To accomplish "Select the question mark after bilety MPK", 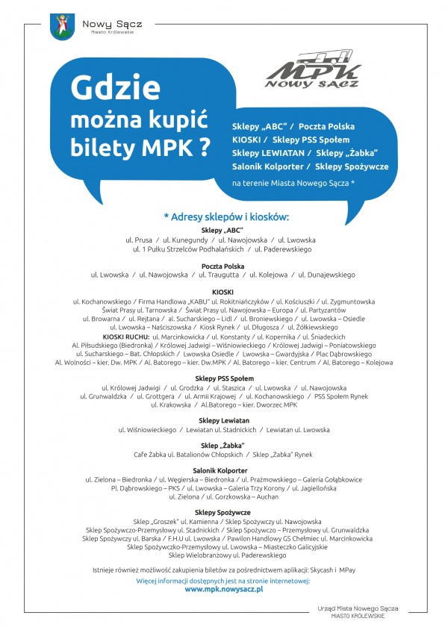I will click(199, 146).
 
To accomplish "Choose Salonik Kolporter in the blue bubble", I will click(270, 166).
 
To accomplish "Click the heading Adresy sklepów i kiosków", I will click(225, 216).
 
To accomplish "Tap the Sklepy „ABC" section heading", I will click(224, 230).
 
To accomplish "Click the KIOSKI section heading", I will click(224, 291).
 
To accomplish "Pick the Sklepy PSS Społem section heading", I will click(224, 378).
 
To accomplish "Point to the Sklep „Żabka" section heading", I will click(224, 446).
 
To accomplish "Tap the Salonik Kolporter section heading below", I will click(224, 470).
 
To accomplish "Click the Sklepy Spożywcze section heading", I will click(224, 512).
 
